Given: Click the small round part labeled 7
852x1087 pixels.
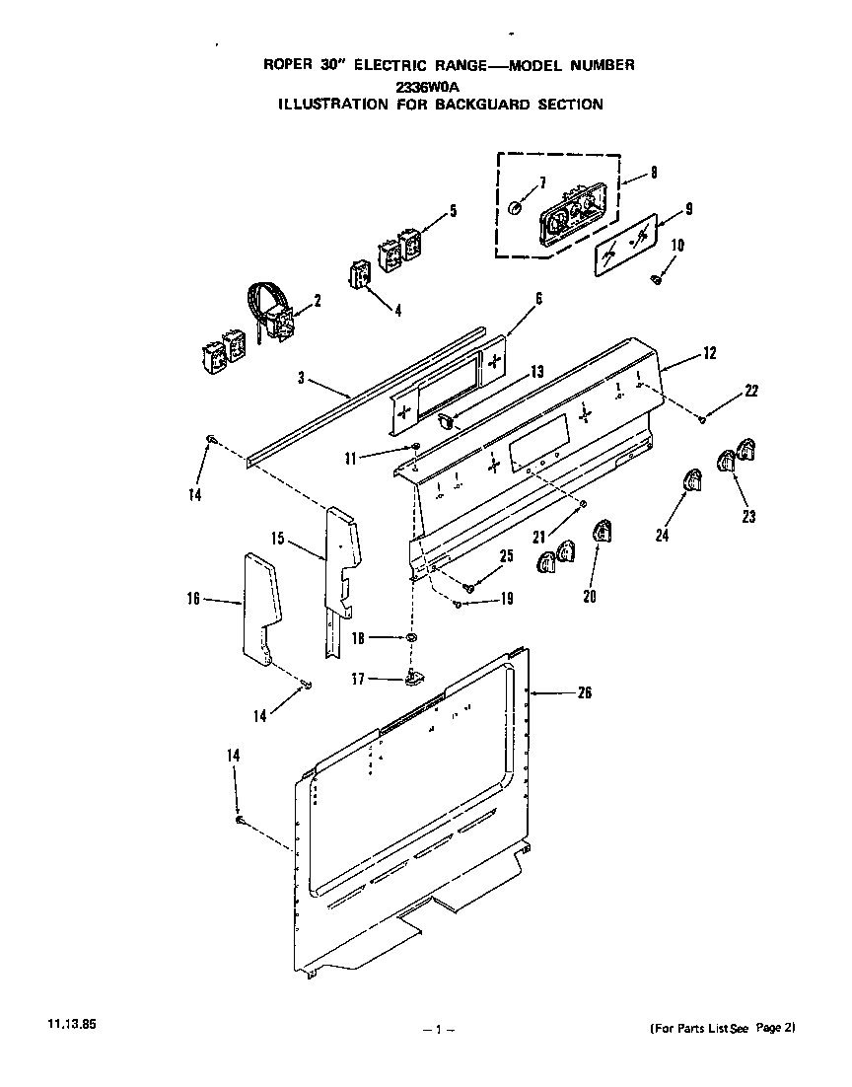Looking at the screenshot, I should [x=516, y=208].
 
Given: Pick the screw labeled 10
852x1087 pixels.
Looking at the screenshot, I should [x=657, y=279].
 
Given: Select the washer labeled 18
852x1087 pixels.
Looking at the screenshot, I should [x=407, y=640].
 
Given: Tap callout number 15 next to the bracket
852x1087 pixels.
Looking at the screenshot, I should [x=278, y=539].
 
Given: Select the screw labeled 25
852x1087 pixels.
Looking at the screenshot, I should [x=470, y=587].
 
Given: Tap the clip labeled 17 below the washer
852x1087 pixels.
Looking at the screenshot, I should [x=413, y=676].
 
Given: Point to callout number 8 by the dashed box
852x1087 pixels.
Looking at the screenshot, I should [x=653, y=173].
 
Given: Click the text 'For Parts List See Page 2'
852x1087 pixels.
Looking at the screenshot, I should [x=722, y=1028].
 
